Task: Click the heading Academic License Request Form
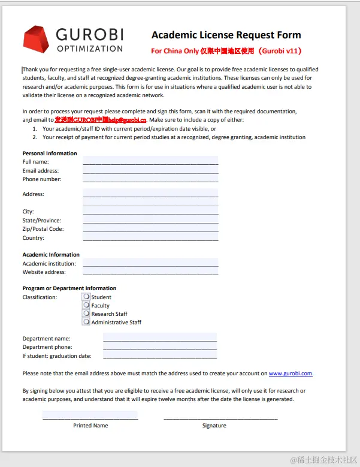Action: (x=226, y=35)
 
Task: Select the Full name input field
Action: (x=150, y=161)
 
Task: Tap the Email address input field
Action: (x=150, y=170)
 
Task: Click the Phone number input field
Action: (x=150, y=178)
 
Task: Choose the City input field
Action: (x=150, y=211)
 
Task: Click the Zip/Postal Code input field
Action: (x=150, y=228)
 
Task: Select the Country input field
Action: (x=150, y=237)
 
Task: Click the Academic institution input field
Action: (x=150, y=263)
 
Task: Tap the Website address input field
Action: (x=150, y=272)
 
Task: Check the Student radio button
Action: (x=86, y=297)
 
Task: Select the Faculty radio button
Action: (x=86, y=305)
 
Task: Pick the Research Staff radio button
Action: (x=86, y=314)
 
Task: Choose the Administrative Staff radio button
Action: (x=86, y=322)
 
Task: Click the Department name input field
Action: (x=159, y=338)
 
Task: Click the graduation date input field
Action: (x=159, y=355)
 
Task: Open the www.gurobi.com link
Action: (x=291, y=373)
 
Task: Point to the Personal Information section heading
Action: (x=50, y=153)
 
